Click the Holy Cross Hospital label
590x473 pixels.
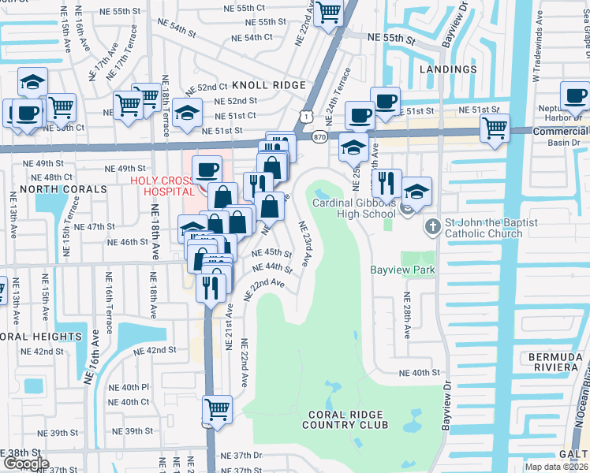pyautogui.click(x=162, y=185)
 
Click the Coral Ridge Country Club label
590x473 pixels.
pyautogui.click(x=348, y=419)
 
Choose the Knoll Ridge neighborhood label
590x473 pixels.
pyautogui.click(x=268, y=84)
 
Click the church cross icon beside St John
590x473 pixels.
pyautogui.click(x=431, y=228)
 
